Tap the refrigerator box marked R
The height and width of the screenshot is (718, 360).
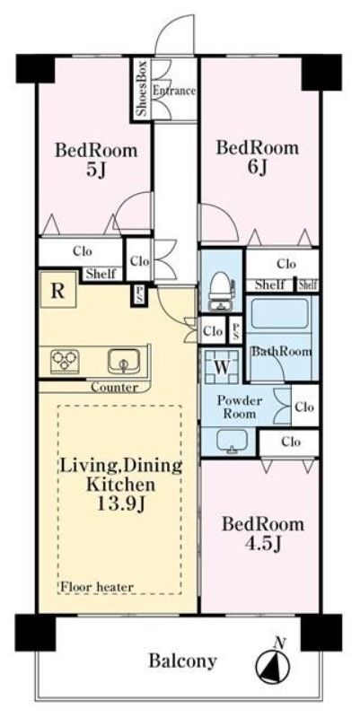(57, 290)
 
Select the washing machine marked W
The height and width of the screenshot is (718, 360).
(222, 366)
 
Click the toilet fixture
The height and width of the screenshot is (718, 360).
(220, 290)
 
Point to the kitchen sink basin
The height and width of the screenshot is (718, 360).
(124, 362)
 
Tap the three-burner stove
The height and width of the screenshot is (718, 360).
(65, 360)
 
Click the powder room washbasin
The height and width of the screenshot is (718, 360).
(233, 441)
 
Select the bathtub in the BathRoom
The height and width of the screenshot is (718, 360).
(279, 314)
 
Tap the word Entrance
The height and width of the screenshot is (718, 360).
(174, 91)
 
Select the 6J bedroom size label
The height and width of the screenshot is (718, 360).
(257, 168)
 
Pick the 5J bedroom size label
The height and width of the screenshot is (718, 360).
(96, 170)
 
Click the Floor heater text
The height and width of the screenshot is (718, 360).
(97, 587)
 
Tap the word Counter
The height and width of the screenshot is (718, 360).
(114, 388)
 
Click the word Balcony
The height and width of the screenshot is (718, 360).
(182, 661)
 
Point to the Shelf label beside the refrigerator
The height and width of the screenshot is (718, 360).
(101, 274)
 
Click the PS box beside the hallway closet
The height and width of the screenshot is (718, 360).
(139, 295)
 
